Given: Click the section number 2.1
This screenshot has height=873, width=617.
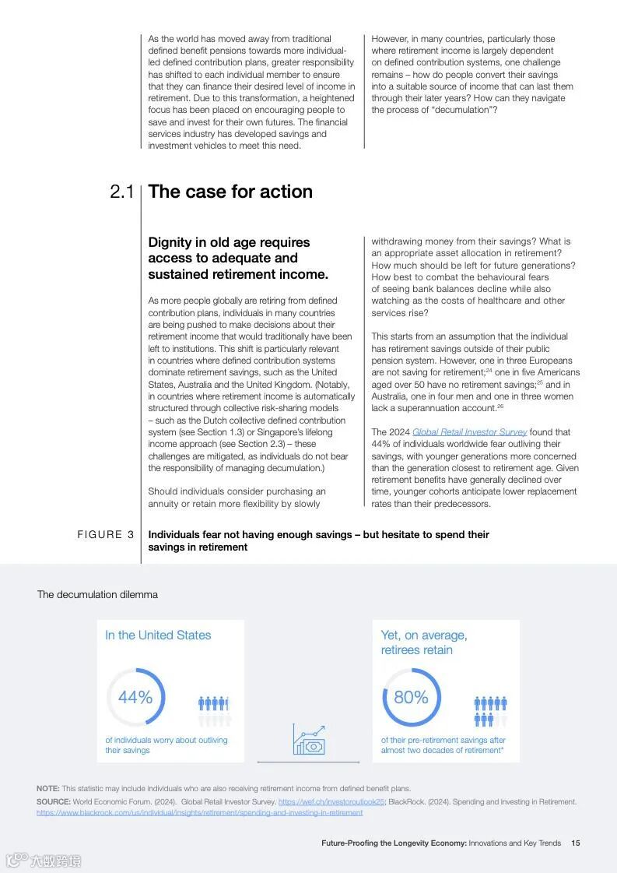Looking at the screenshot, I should click(121, 192).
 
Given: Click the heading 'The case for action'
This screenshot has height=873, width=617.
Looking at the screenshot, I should click(230, 192).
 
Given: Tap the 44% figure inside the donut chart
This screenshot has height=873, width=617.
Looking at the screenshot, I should click(135, 697).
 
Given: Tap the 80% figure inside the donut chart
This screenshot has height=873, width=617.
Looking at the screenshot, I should click(411, 697).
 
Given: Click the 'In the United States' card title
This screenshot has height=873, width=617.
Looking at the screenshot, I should click(158, 635).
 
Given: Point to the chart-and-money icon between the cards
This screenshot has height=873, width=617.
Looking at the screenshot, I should click(309, 739).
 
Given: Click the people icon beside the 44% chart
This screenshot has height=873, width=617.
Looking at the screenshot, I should click(214, 709).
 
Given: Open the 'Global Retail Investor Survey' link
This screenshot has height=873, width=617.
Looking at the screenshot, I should click(469, 432).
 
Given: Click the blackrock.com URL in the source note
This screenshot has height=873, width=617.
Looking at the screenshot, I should click(199, 812).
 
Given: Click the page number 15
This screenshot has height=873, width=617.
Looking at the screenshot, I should click(576, 843).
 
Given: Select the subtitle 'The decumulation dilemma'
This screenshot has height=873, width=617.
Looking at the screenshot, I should click(97, 595).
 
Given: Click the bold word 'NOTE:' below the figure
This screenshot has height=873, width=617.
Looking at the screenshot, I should click(47, 789).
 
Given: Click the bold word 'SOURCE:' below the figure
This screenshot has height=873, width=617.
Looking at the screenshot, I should click(53, 801).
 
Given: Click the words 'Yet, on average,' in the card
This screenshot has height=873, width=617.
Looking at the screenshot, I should click(424, 635).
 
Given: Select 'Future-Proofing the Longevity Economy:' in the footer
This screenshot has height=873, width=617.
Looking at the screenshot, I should click(394, 843).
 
